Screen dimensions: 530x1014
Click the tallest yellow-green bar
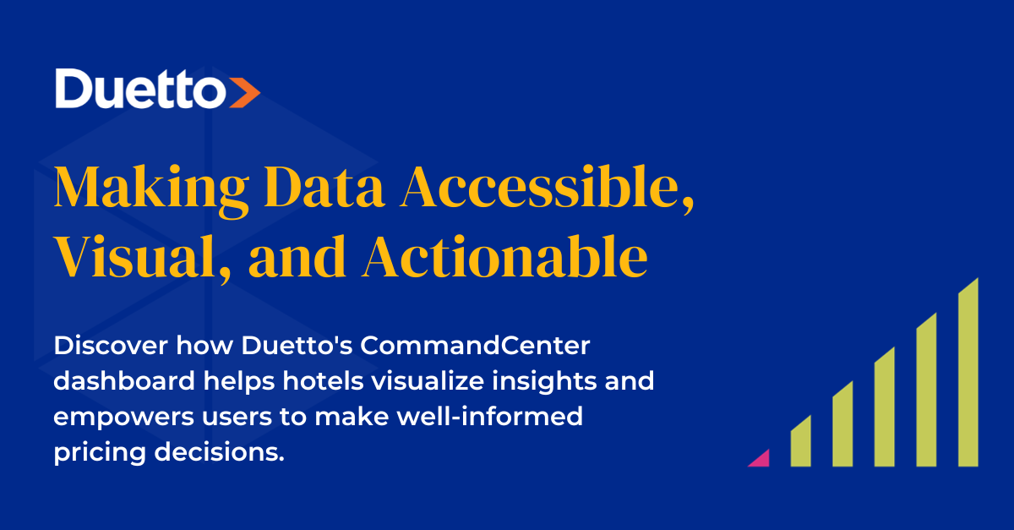tap(968, 376)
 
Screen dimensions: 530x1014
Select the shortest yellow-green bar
tap(801, 443)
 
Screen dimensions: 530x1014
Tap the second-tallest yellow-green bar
tap(926, 392)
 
